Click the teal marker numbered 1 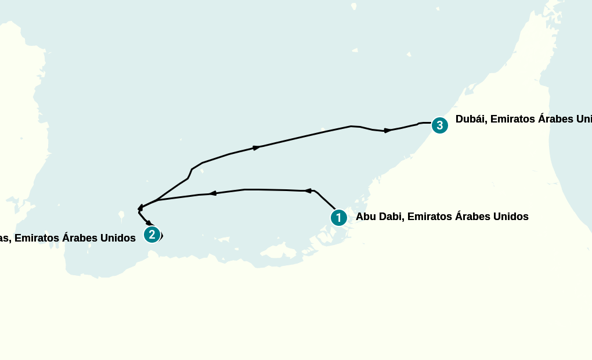click(338, 218)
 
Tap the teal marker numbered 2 click(151, 235)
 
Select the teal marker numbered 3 click(439, 125)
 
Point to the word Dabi click(392, 217)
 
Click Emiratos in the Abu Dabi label click(430, 217)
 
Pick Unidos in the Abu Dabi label click(511, 217)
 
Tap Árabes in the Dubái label click(556, 120)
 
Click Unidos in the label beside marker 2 click(118, 238)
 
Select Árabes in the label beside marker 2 click(80, 238)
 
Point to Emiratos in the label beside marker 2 click(37, 238)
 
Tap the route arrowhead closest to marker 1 click(308, 190)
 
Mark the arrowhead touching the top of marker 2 click(149, 223)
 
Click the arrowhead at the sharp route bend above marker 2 click(140, 207)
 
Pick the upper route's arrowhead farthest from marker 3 click(256, 148)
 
